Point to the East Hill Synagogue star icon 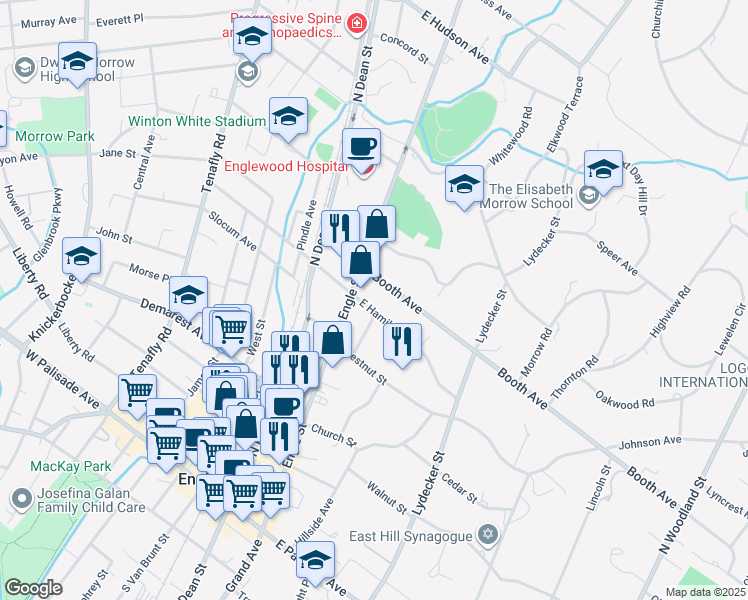[x=487, y=534]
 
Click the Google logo [x=33, y=588]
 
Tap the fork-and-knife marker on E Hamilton [x=402, y=340]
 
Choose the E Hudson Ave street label [x=456, y=40]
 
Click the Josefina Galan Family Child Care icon [x=21, y=497]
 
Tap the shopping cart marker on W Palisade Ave [x=137, y=391]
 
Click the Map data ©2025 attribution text [x=704, y=592]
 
